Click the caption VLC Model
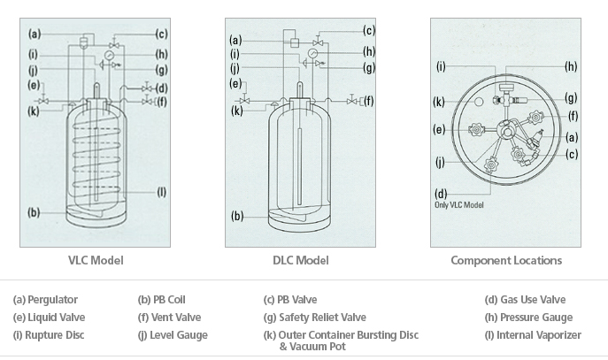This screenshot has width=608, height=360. click(96, 260)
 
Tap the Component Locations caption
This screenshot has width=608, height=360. click(505, 260)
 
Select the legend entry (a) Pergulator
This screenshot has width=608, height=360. click(45, 300)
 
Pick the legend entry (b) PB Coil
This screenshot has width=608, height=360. click(162, 300)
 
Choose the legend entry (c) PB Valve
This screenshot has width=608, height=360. click(291, 300)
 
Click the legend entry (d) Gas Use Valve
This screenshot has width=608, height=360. click(525, 300)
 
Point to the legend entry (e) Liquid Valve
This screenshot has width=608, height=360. click(50, 317)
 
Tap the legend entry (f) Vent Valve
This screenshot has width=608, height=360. click(170, 317)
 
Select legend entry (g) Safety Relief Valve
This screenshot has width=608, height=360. click(314, 317)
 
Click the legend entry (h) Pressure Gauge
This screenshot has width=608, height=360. click(528, 317)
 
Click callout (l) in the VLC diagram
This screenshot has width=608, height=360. click(161, 192)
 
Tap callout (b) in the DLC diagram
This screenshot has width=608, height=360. click(236, 215)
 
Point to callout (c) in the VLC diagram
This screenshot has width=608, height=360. click(161, 34)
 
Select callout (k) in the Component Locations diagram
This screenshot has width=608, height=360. click(439, 102)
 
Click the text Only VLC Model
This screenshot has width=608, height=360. click(458, 205)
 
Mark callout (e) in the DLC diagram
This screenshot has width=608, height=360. click(235, 83)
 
